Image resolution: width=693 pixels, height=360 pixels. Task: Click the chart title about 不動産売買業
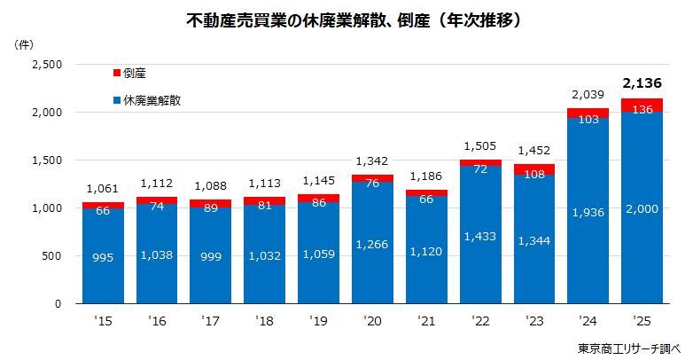[x=346, y=19]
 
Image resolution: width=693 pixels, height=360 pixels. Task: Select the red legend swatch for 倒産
[x=117, y=73]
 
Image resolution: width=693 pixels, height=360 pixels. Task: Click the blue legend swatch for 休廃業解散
[x=117, y=100]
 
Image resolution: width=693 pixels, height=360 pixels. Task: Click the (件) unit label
[x=25, y=43]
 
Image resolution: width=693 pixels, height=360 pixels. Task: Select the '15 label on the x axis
[x=103, y=321]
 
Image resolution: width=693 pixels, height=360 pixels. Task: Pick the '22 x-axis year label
[x=479, y=321]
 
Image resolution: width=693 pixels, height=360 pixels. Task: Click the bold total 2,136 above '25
[x=642, y=83]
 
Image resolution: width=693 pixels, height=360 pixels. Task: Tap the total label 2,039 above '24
[x=588, y=93]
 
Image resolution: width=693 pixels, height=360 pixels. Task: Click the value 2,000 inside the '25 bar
[x=642, y=207]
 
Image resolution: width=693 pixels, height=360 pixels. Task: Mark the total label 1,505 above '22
[x=479, y=146]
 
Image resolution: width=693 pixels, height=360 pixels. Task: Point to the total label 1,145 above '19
[x=318, y=181]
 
